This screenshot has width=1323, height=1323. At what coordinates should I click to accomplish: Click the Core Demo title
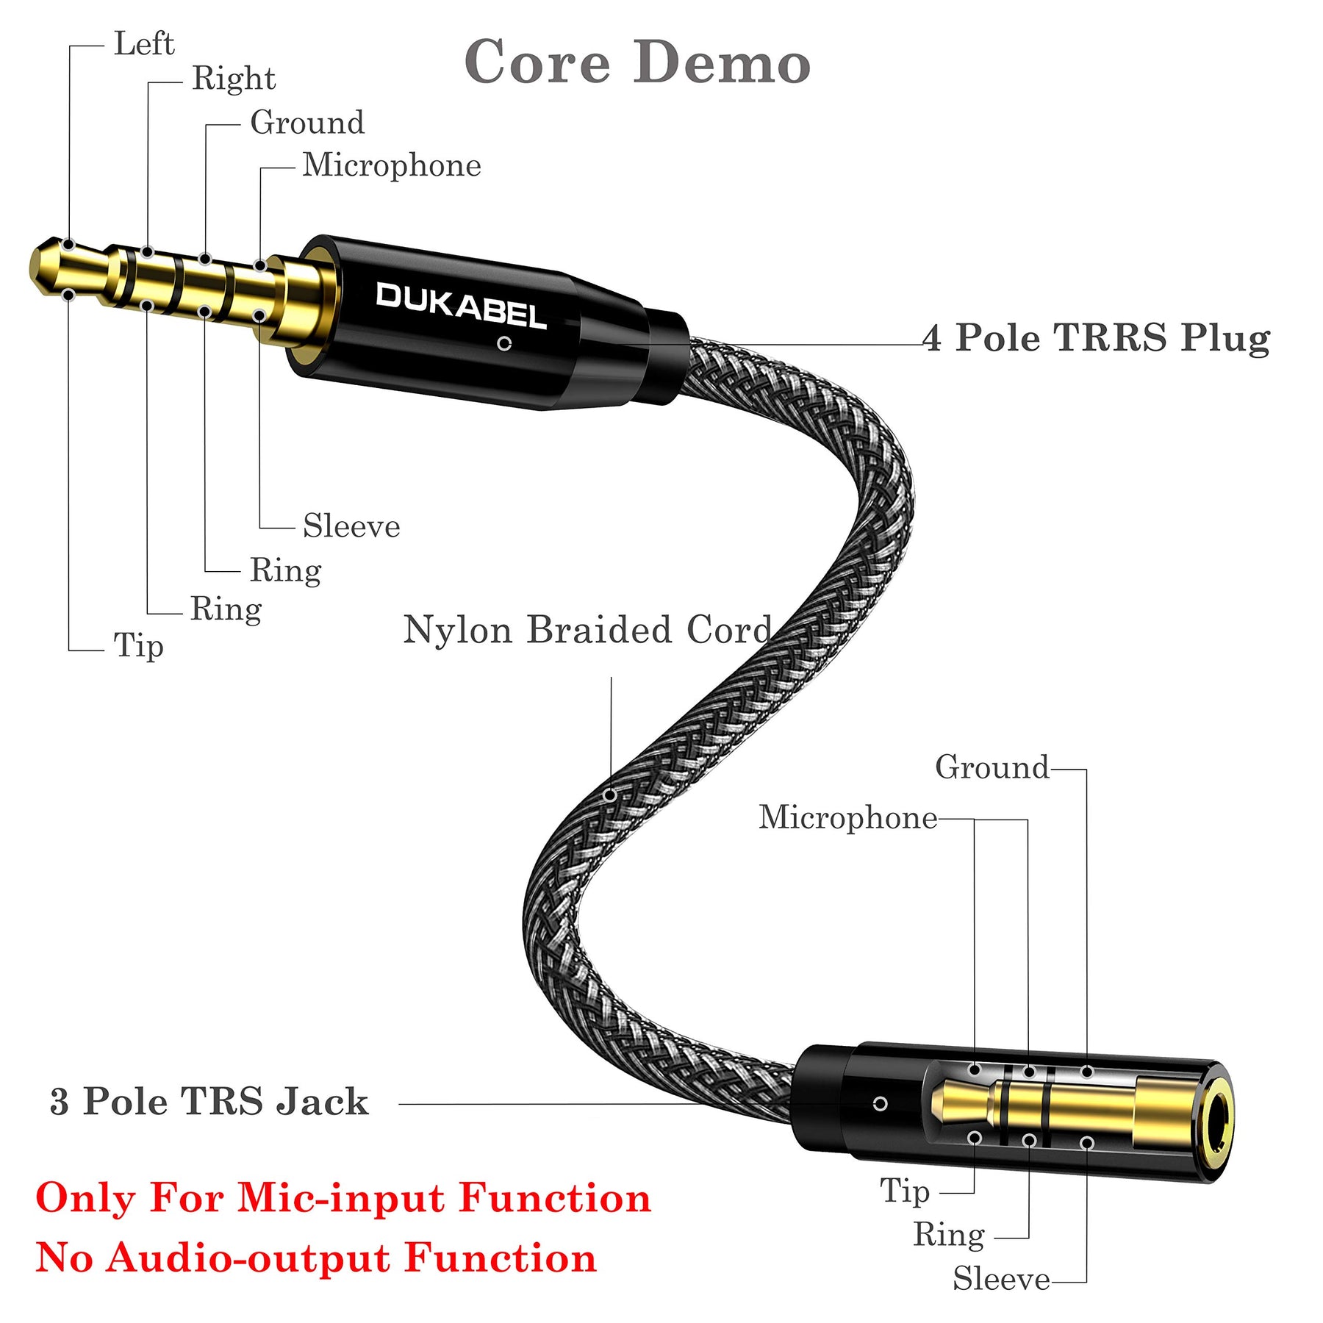pyautogui.click(x=637, y=63)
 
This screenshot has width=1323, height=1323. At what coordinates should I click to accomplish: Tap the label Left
pyautogui.click(x=144, y=44)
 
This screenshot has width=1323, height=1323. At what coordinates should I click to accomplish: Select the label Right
pyautogui.click(x=234, y=79)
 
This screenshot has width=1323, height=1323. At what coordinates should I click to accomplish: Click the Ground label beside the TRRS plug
pyautogui.click(x=307, y=123)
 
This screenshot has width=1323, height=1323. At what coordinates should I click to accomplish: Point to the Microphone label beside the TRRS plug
pyautogui.click(x=392, y=165)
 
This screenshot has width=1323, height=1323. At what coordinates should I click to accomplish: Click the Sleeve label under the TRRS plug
pyautogui.click(x=351, y=526)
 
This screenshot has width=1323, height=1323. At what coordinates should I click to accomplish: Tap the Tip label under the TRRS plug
pyautogui.click(x=138, y=647)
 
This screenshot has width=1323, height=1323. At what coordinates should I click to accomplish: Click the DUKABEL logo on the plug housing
pyautogui.click(x=461, y=305)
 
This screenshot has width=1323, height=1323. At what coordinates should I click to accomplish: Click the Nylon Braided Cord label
pyautogui.click(x=587, y=631)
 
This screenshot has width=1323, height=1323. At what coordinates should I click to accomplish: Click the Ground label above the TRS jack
pyautogui.click(x=992, y=768)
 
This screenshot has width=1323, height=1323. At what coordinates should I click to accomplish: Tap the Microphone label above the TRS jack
pyautogui.click(x=847, y=817)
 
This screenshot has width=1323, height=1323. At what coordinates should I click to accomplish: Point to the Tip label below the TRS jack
pyautogui.click(x=905, y=1191)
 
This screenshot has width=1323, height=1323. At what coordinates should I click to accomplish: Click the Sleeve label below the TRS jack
pyautogui.click(x=1001, y=1280)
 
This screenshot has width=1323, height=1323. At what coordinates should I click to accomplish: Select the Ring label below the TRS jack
pyautogui.click(x=948, y=1235)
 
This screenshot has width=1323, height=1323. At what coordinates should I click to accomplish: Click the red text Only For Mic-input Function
pyautogui.click(x=343, y=1198)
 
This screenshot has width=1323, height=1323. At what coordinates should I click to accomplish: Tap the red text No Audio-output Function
pyautogui.click(x=316, y=1258)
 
